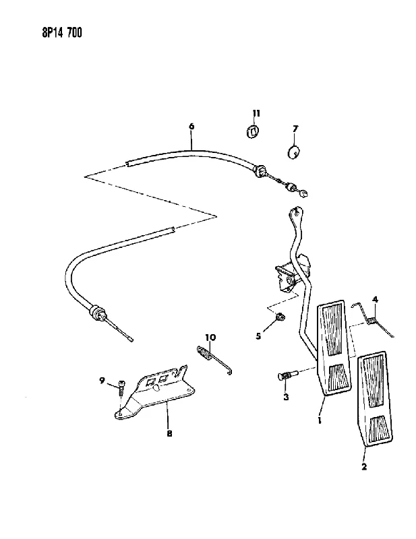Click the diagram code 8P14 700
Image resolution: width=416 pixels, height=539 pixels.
62,32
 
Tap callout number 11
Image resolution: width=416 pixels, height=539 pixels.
256,113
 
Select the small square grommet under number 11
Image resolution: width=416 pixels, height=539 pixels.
254,131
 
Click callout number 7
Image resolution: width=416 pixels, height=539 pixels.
295,129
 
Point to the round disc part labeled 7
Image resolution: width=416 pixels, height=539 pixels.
293,152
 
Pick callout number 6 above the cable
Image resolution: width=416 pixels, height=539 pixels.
191,126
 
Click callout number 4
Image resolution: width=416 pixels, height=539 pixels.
376,299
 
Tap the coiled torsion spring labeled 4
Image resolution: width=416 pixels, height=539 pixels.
372,319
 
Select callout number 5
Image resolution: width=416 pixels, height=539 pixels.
258,336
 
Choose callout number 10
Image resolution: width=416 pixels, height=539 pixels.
210,338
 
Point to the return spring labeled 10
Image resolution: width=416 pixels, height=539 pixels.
214,360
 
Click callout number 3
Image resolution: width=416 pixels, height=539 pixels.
286,398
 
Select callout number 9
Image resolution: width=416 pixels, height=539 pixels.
102,381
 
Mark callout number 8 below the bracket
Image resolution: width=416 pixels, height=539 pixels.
169,433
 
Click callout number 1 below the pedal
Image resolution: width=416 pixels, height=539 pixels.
320,420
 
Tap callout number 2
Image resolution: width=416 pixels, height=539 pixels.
364,466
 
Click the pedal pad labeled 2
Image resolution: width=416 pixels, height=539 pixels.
375,400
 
